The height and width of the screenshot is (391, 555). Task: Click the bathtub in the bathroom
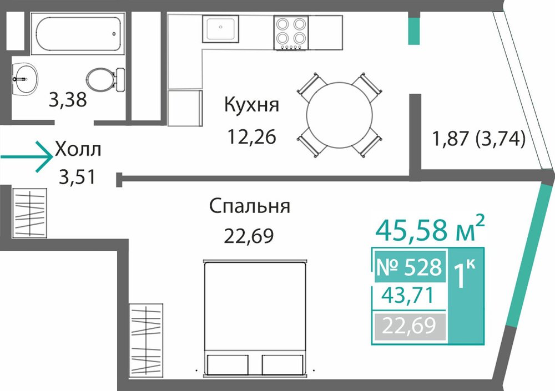point(78,34)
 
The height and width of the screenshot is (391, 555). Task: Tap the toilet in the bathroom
point(106,79)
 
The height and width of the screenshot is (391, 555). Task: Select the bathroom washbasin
point(25,79)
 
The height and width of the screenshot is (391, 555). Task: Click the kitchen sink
point(220,29)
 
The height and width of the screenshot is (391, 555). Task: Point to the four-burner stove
point(291,33)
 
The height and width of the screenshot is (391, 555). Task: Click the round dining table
point(339,116)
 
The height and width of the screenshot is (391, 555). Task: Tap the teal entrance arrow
point(27,157)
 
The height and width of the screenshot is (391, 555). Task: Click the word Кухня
point(251,105)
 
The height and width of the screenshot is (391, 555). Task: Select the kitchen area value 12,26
point(251,136)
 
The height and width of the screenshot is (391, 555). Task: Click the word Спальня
point(250,206)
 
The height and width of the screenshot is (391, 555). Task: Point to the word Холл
point(78,149)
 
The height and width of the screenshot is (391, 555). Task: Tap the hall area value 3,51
point(77,177)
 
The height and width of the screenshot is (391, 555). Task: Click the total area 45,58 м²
point(430,229)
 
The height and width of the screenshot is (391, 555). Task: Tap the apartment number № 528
point(409,267)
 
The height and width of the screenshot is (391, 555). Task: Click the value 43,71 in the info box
point(407,296)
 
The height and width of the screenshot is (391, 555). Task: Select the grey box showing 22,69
point(409,326)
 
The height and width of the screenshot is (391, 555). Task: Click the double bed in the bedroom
point(255,317)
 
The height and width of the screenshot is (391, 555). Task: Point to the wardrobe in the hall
point(30,213)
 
